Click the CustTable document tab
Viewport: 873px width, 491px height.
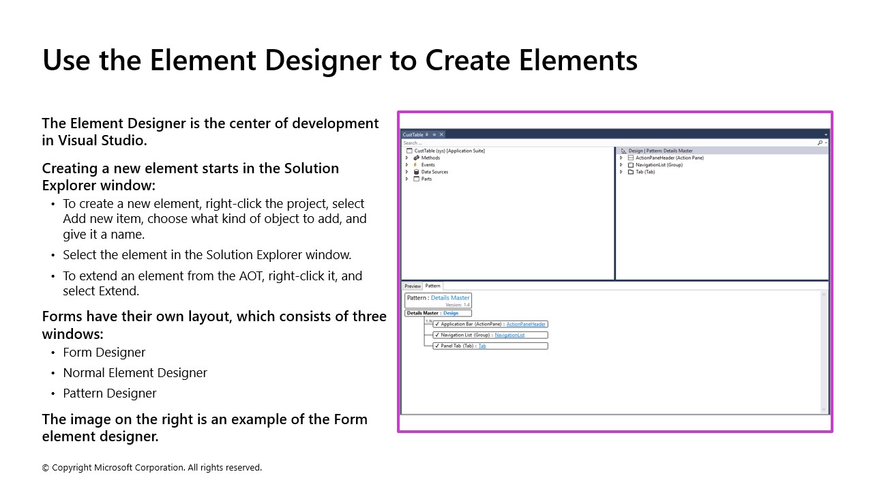tap(413, 134)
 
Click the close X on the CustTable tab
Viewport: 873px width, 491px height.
tap(441, 134)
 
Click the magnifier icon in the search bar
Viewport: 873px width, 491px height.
tap(820, 143)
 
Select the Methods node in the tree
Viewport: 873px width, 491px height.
tap(430, 158)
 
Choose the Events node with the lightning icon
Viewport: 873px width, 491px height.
tap(428, 165)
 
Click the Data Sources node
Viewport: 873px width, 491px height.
tap(434, 172)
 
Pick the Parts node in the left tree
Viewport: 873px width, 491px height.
tap(426, 179)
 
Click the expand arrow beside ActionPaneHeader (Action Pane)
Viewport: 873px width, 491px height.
tap(621, 158)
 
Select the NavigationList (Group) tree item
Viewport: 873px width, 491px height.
tap(659, 164)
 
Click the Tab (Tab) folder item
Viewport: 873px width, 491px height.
tap(645, 172)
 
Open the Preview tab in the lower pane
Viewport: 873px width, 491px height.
tap(413, 286)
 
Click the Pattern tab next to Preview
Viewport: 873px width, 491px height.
tap(433, 286)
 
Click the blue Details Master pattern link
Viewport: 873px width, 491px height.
tap(450, 297)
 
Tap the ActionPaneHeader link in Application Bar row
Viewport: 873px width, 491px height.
tap(526, 324)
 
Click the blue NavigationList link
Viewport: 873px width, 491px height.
tap(509, 335)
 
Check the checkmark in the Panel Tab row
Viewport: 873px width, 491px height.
tap(436, 346)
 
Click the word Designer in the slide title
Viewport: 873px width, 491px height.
tap(323, 60)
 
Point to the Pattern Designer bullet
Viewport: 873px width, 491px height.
tap(110, 393)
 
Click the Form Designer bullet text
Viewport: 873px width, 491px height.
tap(104, 352)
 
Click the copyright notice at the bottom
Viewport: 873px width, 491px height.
tap(152, 467)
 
